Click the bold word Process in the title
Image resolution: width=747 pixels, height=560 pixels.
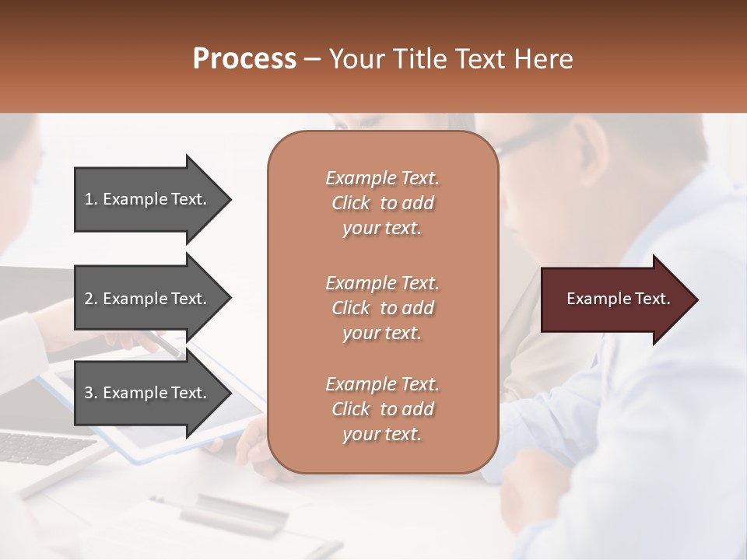(244, 59)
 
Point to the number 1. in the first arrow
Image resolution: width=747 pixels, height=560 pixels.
(90, 199)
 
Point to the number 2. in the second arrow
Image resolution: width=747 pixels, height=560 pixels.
(90, 299)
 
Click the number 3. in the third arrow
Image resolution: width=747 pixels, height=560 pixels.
(90, 393)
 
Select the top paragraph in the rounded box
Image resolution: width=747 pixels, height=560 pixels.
(382, 203)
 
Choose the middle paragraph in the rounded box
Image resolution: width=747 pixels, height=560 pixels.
(382, 308)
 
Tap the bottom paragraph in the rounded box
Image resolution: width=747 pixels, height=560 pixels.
(382, 409)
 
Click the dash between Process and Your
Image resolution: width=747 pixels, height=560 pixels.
(313, 59)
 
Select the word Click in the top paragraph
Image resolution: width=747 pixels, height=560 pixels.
(351, 203)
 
